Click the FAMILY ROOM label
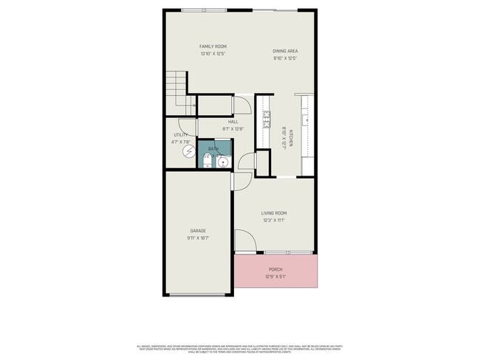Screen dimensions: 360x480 (212, 46)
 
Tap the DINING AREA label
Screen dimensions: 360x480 (285, 51)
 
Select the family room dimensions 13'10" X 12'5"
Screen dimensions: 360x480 (212, 53)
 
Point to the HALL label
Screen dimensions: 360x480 (233, 122)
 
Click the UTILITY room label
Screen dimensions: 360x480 (180, 135)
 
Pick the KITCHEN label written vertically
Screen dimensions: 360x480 (291, 138)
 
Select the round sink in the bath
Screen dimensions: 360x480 (222, 160)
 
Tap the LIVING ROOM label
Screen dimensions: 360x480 (273, 214)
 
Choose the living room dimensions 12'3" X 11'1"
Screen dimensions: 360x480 (273, 221)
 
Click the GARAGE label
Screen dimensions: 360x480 (197, 231)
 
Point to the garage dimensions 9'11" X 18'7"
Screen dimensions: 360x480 (197, 238)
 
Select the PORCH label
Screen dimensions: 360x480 (275, 270)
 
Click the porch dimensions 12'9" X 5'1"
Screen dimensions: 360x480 (275, 277)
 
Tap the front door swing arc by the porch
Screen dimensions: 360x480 (244, 241)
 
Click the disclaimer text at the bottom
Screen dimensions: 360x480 (239, 348)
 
